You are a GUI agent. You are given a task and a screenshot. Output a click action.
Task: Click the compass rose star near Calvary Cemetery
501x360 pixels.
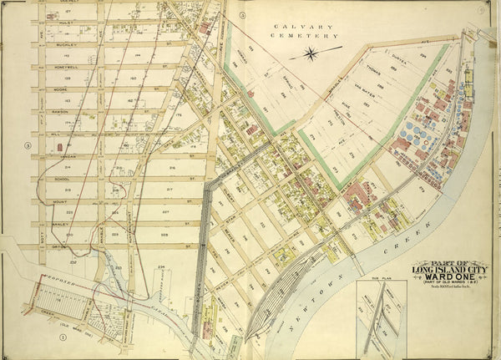311,54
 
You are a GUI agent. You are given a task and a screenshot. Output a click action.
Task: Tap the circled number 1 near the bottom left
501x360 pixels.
63,337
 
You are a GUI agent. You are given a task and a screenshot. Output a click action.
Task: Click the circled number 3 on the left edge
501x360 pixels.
28,147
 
